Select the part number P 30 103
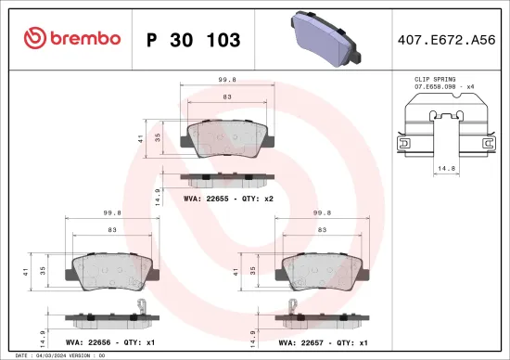(x=194, y=40)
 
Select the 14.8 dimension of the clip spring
(x=445, y=169)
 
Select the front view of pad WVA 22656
(x=112, y=271)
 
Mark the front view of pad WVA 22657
(x=322, y=271)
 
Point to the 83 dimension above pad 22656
(x=112, y=229)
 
